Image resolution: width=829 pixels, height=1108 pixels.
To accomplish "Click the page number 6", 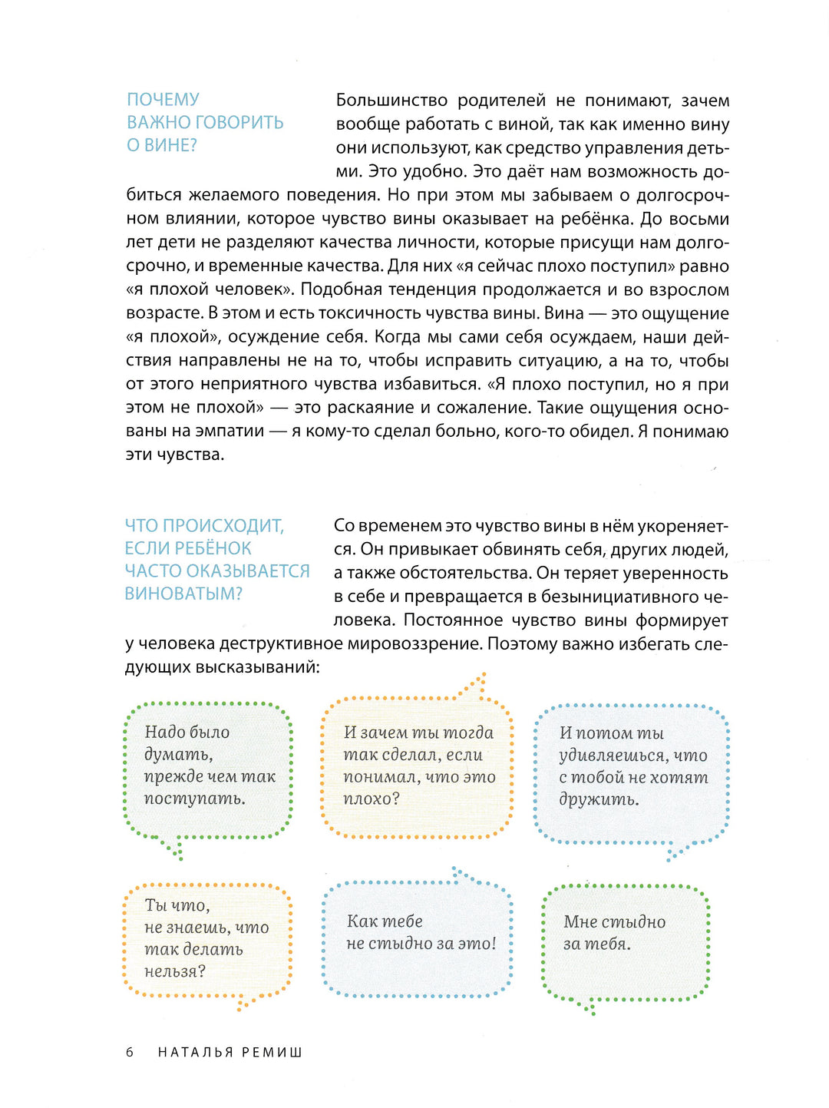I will [x=130, y=1052].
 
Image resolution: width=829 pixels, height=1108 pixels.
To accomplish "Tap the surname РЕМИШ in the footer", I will [x=272, y=1052].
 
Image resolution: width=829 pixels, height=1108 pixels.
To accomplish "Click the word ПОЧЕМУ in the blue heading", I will [x=163, y=100].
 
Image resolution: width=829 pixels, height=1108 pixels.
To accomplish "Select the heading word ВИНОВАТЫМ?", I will [x=183, y=594].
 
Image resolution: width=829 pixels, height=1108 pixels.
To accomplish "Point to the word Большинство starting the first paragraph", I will [x=391, y=101].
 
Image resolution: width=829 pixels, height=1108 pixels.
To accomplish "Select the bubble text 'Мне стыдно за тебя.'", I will [x=614, y=933].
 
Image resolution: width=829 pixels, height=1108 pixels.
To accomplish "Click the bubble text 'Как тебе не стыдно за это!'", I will [x=421, y=932].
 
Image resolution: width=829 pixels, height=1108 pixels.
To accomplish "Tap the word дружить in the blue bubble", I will [x=598, y=799].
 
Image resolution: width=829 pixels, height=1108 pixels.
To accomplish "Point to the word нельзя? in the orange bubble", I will [x=175, y=971].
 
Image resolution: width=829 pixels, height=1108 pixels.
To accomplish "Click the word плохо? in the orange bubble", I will [x=372, y=799].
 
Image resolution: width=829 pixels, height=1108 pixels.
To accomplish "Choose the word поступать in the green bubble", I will [x=194, y=799].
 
